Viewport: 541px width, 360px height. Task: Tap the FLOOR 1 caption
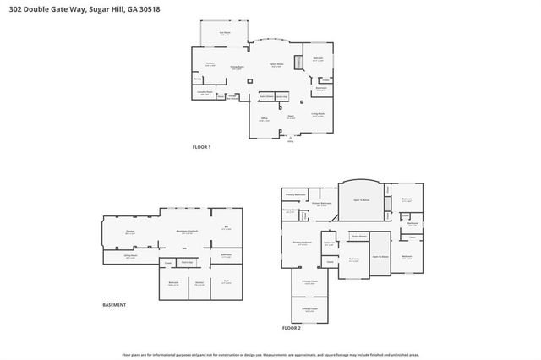201,147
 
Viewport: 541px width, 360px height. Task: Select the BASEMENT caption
114,304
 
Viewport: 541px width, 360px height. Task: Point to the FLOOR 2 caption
291,327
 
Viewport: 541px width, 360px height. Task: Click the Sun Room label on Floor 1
225,33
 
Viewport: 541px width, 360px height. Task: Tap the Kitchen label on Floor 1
210,63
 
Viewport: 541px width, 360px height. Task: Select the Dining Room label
238,67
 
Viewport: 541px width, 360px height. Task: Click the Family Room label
276,64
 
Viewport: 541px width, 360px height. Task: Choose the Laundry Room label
204,92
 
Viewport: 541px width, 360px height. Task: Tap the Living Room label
317,114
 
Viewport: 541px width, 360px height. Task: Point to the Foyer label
290,117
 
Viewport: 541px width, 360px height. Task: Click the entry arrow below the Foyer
290,137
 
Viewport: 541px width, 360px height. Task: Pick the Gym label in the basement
226,282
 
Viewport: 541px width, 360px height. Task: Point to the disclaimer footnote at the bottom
270,355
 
